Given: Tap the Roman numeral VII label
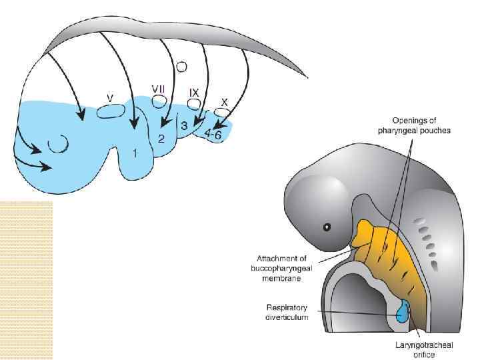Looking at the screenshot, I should click(158, 88).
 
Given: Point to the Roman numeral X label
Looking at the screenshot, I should click(225, 102).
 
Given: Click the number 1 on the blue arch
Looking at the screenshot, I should click(135, 153).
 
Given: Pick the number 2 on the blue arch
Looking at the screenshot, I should click(161, 139).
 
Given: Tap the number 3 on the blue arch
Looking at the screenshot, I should click(184, 126).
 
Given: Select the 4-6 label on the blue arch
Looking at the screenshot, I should click(214, 134).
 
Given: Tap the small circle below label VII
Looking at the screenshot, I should click(159, 101).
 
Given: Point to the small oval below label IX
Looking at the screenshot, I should click(194, 104).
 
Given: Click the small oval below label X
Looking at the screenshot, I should click(221, 113).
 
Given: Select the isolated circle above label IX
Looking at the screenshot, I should click(182, 67).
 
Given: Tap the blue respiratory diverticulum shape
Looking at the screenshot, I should click(402, 312).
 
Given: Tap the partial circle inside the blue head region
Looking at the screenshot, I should click(59, 143).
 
